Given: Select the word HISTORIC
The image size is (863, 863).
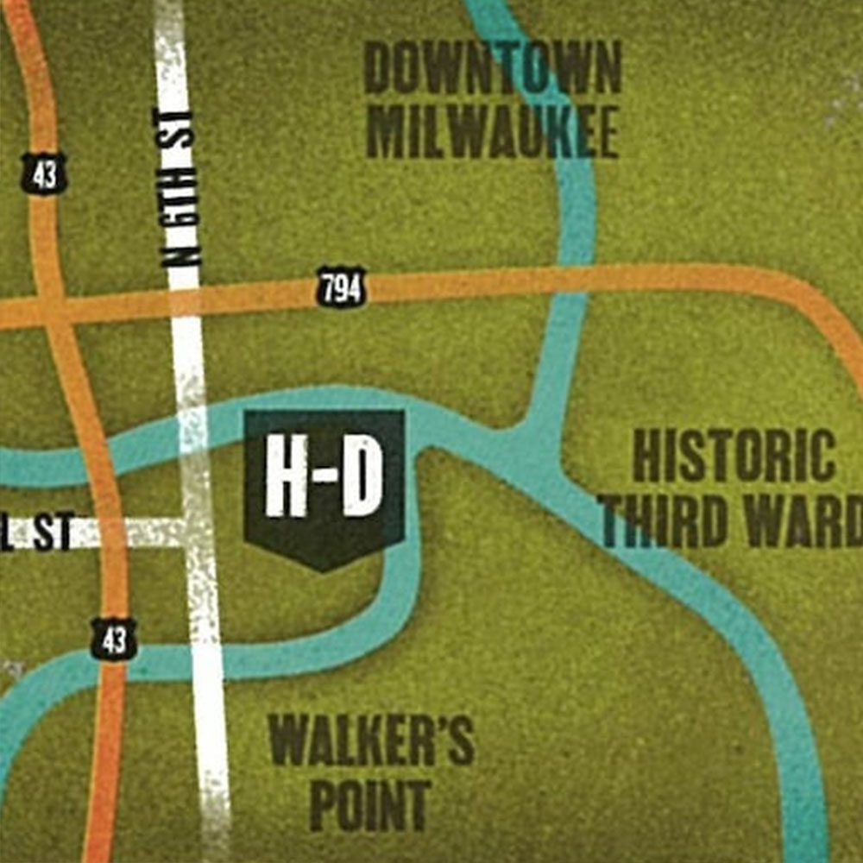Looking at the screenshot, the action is click(734, 457).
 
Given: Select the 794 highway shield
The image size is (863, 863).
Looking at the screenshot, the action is click(342, 288).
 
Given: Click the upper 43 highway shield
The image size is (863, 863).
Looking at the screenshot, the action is click(44, 174).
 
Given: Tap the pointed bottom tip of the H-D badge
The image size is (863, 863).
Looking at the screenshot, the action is click(324, 567).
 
